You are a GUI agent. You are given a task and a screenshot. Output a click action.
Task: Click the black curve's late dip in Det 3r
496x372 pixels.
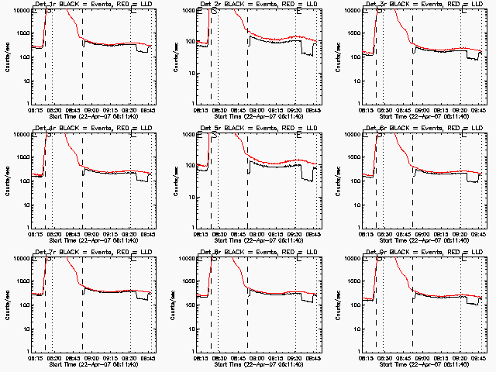(469, 59)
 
